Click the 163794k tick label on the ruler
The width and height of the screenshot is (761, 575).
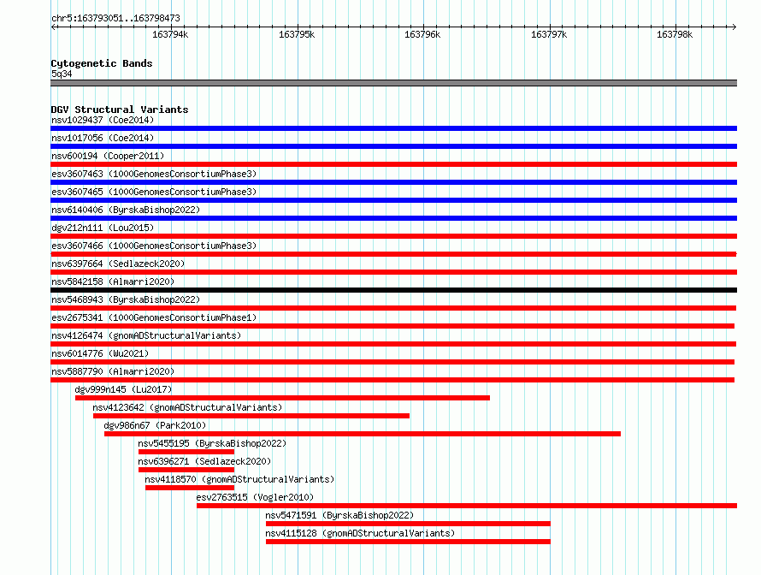[x=170, y=34]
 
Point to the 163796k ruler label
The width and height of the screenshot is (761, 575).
[x=422, y=34]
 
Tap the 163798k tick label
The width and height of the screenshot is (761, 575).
[x=675, y=34]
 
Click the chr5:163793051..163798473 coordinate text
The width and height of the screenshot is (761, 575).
[x=115, y=19]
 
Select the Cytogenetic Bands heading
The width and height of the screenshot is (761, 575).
[x=102, y=63]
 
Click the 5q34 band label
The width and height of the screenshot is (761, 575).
[x=62, y=74]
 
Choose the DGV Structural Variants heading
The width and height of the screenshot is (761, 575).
[x=120, y=110]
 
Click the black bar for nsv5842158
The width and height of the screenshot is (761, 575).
[x=393, y=290]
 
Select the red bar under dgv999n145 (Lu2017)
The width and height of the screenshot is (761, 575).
[x=282, y=398]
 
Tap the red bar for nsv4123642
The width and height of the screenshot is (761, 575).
[x=251, y=416]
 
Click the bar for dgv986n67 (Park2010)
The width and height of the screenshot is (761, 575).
[x=363, y=434]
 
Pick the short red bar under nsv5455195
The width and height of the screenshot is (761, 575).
[x=186, y=452]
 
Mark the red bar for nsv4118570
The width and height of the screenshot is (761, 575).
[x=190, y=488]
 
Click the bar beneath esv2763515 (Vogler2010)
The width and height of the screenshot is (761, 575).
[x=467, y=506]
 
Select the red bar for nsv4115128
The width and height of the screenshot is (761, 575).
[x=408, y=542]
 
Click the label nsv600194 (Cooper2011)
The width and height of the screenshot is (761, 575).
[x=108, y=156]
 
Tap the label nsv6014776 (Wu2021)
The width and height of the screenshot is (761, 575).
[x=100, y=353]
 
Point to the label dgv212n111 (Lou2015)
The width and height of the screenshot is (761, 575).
[x=103, y=228]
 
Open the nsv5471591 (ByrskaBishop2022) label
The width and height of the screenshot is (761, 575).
[x=339, y=515]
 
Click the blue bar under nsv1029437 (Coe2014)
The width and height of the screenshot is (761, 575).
[x=393, y=128]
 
